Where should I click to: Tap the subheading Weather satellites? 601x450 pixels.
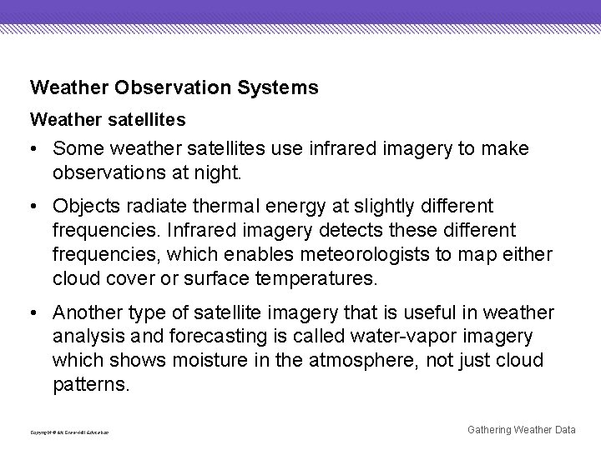pyautogui.click(x=108, y=121)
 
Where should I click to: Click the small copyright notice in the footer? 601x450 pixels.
pyautogui.click(x=69, y=432)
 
